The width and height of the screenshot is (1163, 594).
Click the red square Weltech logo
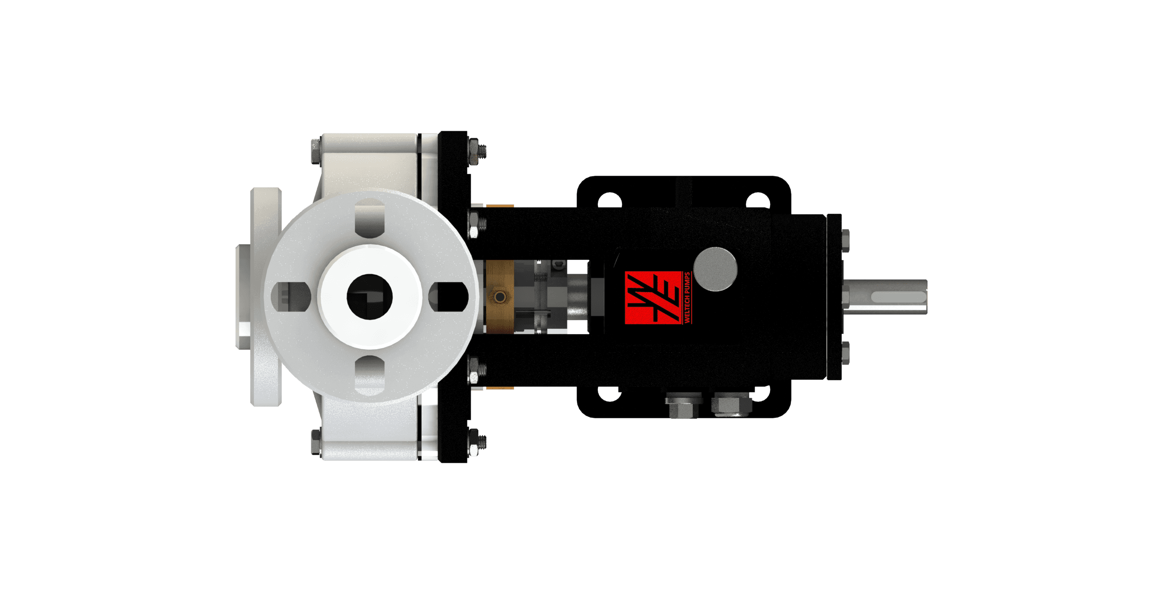653,298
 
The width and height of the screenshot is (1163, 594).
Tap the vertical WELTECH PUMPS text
687,298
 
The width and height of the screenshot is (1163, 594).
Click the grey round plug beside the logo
716,269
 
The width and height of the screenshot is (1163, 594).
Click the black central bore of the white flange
369,297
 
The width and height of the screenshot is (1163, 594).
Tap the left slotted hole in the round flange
291,297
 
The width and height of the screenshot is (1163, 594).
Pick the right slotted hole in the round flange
449,297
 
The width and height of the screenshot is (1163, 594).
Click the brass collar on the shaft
500,296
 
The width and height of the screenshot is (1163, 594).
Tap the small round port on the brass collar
500,297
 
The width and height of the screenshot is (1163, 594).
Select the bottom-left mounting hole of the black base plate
610,393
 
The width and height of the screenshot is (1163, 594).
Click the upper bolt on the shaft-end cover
845,241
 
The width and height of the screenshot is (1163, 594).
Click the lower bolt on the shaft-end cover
845,353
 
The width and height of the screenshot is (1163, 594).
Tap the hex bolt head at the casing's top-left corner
316,151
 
